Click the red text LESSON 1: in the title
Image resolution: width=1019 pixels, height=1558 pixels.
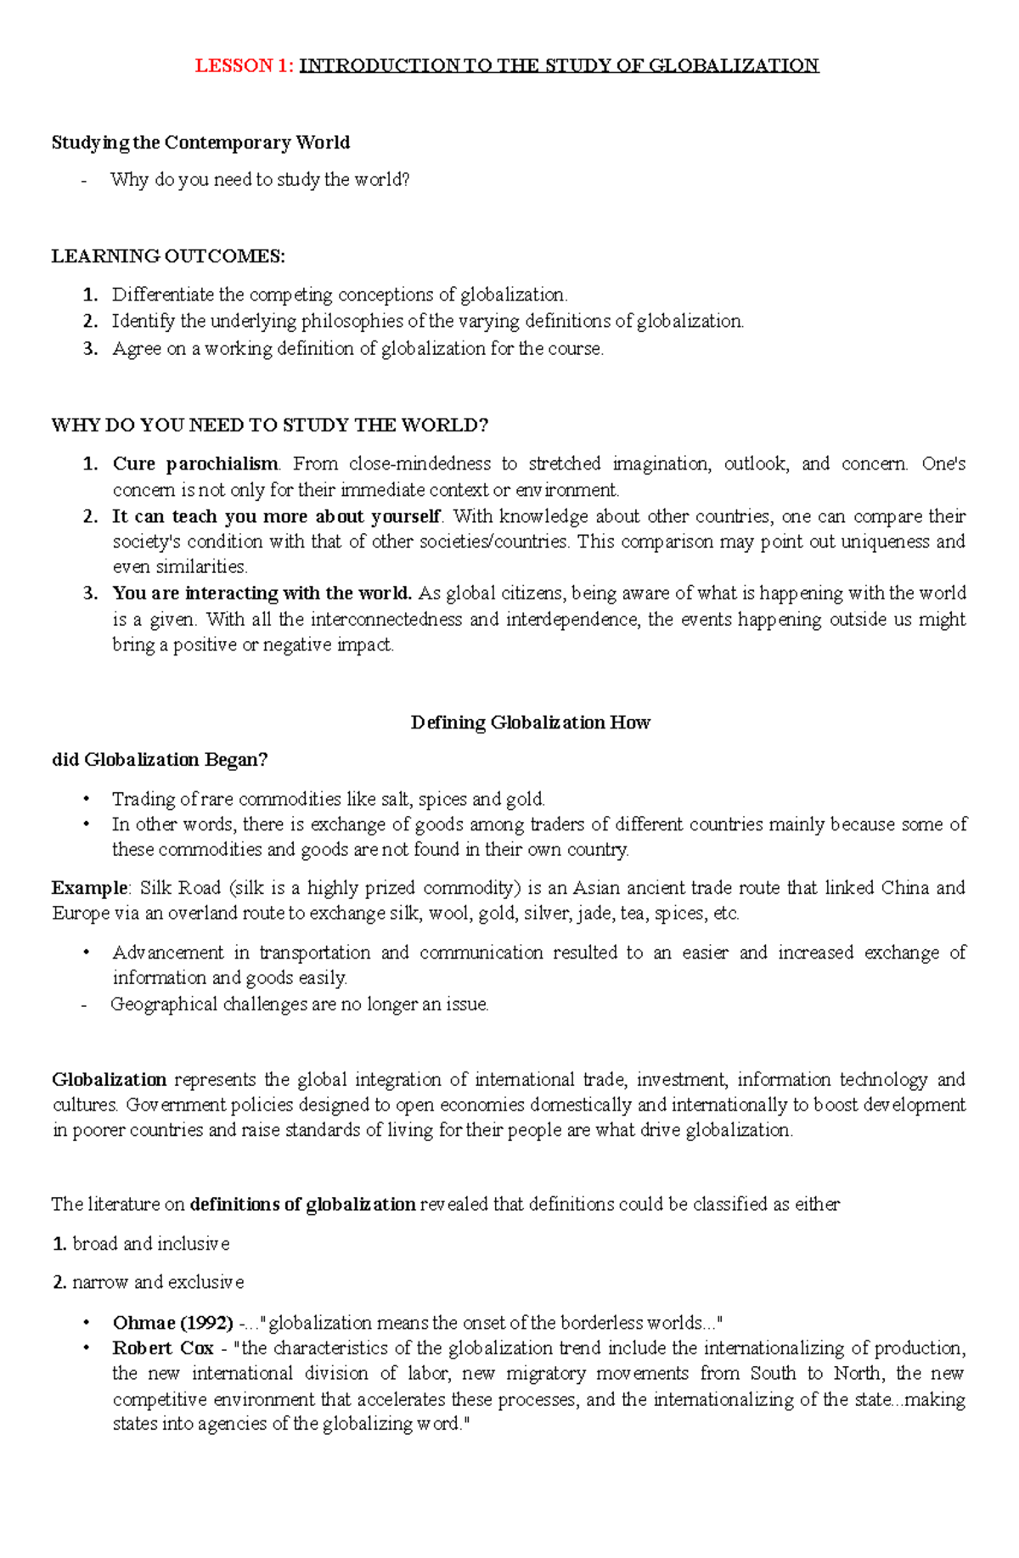point(245,66)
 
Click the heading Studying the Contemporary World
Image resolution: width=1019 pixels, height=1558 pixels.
point(200,143)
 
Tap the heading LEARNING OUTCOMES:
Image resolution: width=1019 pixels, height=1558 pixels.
point(168,256)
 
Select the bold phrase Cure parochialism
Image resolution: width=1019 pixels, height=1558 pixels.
point(195,464)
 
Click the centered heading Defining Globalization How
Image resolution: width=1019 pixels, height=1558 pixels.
point(530,723)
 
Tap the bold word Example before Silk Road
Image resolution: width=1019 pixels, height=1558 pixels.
point(89,889)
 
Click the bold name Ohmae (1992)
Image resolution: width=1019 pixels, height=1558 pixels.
point(172,1323)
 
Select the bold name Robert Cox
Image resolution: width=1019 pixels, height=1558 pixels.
point(162,1348)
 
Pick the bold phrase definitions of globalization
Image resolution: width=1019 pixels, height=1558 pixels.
point(302,1205)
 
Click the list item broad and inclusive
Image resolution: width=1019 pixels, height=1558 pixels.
point(150,1244)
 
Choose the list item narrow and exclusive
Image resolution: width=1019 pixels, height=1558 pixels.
point(157,1282)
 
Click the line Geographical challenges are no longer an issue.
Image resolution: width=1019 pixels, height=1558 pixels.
point(299,1004)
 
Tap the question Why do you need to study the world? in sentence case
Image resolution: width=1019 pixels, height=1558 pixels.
point(259,180)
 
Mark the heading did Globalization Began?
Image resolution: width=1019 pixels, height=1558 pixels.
point(160,760)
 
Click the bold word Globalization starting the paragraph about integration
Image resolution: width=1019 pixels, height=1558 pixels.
point(109,1080)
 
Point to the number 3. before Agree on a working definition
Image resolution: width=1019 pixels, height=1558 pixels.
point(91,349)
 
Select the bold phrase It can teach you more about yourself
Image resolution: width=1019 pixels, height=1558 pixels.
point(276,517)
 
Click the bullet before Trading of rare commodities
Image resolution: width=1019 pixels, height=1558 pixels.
point(86,800)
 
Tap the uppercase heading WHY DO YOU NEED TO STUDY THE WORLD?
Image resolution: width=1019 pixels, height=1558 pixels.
point(270,425)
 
